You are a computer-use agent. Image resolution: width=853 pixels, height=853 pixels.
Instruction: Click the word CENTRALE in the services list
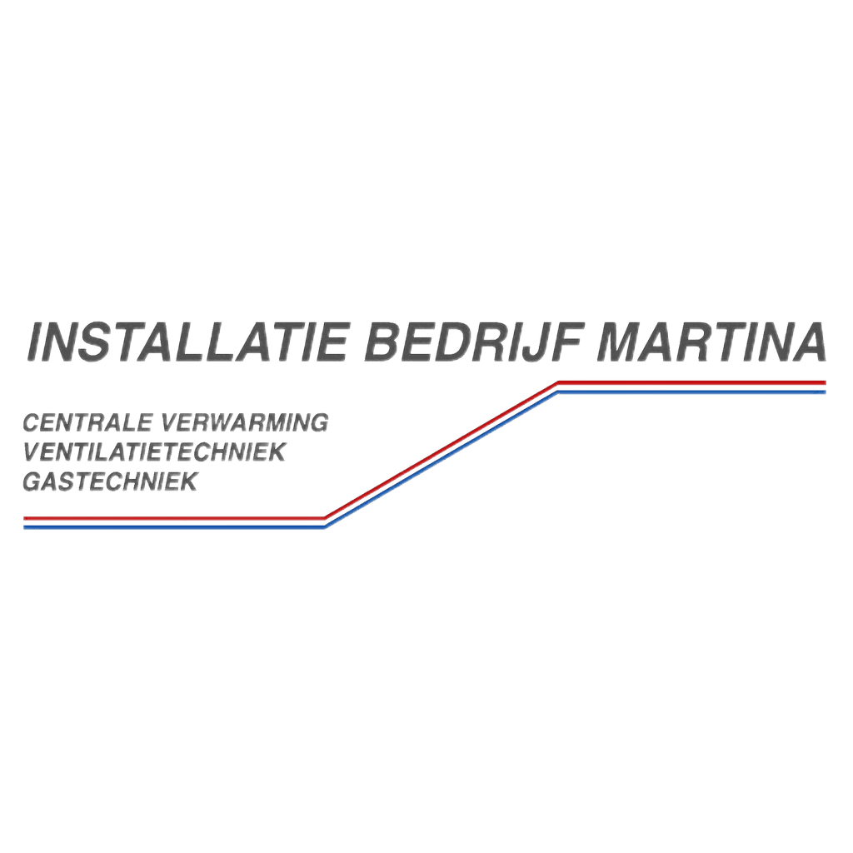click(x=87, y=422)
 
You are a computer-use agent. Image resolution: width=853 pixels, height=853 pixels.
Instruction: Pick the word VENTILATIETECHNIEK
click(x=156, y=451)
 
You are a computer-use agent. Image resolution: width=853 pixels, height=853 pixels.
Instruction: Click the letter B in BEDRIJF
click(x=382, y=343)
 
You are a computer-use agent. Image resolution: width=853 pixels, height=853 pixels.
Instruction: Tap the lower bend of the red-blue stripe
click(x=324, y=522)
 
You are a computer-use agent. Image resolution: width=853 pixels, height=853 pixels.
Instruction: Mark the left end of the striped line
click(x=27, y=522)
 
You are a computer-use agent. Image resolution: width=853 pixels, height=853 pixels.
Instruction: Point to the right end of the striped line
click(x=823, y=387)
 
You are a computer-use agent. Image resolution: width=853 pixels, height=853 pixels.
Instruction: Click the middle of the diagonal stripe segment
click(x=441, y=454)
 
